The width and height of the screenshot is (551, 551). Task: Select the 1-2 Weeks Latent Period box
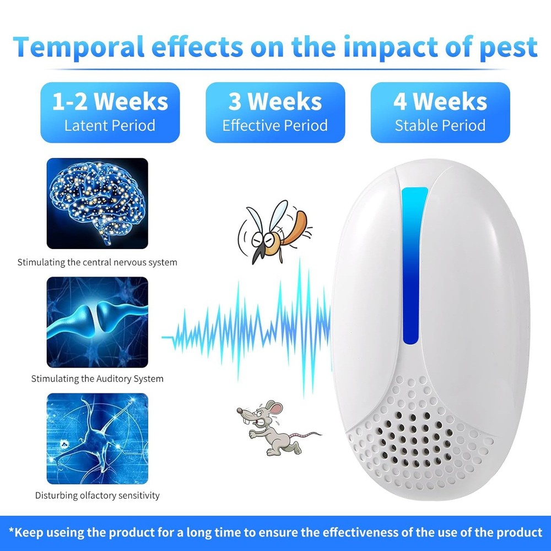coord(110,112)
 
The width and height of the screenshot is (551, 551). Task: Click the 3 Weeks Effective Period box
coord(275,112)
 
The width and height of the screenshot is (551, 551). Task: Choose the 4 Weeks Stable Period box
coord(440,112)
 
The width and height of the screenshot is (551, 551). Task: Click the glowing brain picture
coord(98,203)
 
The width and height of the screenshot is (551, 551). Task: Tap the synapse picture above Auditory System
coord(98,322)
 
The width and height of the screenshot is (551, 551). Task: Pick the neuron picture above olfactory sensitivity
coord(98,438)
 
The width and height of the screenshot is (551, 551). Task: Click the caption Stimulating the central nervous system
coord(98,262)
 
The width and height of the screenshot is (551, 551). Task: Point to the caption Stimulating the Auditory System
coord(98,379)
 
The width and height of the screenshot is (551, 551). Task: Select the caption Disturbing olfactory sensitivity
coord(98,495)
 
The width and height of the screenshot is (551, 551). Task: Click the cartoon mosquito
coord(273,231)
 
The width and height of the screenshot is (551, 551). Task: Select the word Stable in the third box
coord(414,126)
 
